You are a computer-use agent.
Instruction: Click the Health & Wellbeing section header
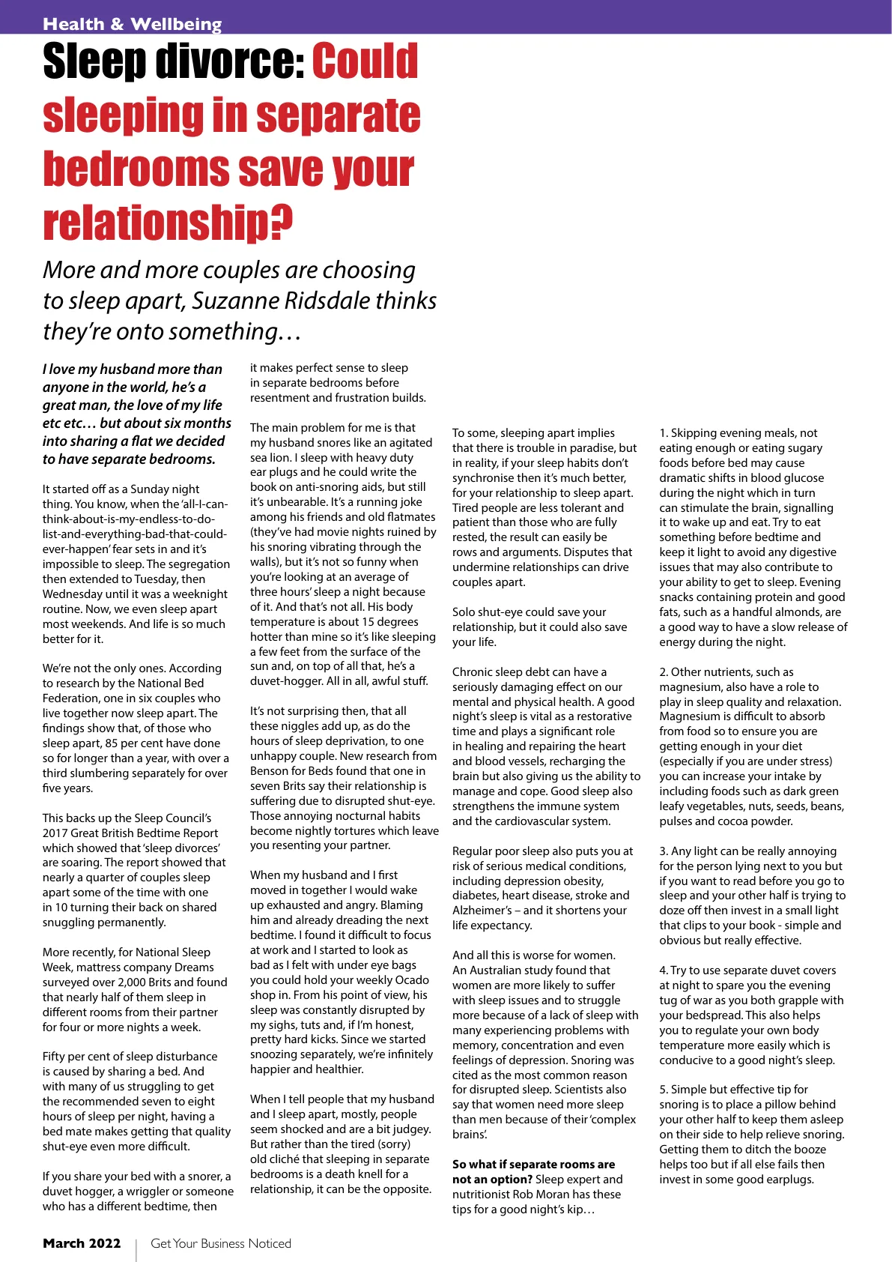(132, 24)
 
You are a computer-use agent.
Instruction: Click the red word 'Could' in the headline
(365, 61)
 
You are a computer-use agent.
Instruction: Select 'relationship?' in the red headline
(168, 223)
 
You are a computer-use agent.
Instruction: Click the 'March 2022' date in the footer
(82, 1243)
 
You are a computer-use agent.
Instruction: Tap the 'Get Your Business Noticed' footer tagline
(221, 1243)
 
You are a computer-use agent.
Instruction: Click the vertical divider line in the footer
(136, 1249)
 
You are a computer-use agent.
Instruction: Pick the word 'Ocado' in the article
(410, 979)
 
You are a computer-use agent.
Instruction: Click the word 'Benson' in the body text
(270, 770)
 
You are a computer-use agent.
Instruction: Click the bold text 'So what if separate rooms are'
(533, 1164)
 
